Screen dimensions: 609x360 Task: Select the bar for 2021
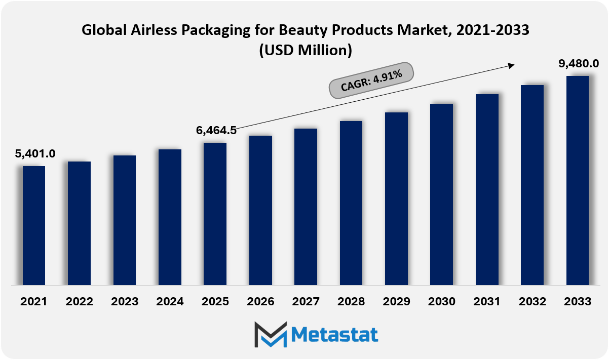tap(34, 225)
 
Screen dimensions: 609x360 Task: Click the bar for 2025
tap(215, 214)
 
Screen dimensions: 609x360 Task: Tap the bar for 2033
tap(578, 180)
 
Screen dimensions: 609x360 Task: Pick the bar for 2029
tap(396, 198)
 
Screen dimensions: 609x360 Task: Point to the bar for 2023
tap(125, 220)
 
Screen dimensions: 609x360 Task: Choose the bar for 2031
tap(487, 190)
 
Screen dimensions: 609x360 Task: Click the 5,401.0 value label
tap(35, 154)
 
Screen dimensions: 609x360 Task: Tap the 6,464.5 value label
tap(216, 131)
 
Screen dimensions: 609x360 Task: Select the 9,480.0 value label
tap(579, 64)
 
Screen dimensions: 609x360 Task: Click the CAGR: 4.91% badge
tap(371, 81)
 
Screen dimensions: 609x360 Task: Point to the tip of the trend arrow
tap(514, 64)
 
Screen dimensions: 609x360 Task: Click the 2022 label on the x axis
tap(79, 302)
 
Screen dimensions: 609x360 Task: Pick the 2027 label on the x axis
tap(306, 302)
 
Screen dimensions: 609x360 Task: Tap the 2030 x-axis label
tap(441, 302)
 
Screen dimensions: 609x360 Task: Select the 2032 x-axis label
tap(532, 302)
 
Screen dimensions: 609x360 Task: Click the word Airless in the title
tap(154, 30)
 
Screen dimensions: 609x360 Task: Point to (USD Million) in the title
tap(306, 51)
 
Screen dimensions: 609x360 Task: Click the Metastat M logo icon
tap(271, 335)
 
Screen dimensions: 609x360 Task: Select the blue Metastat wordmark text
tap(334, 335)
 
